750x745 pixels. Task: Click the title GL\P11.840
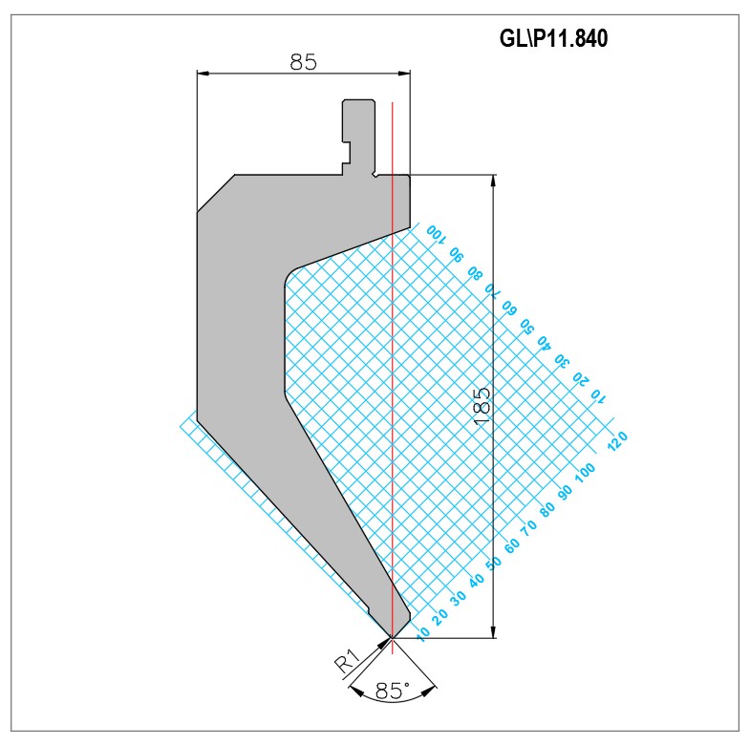(553, 38)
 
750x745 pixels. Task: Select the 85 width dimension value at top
(303, 62)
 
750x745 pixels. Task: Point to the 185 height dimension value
(482, 406)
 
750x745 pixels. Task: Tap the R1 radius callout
(347, 661)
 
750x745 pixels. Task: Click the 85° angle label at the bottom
(393, 691)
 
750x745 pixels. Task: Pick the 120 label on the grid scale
(617, 440)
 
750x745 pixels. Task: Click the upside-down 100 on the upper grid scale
(436, 233)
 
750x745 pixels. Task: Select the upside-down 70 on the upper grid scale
(492, 289)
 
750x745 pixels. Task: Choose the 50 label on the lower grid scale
(494, 563)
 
